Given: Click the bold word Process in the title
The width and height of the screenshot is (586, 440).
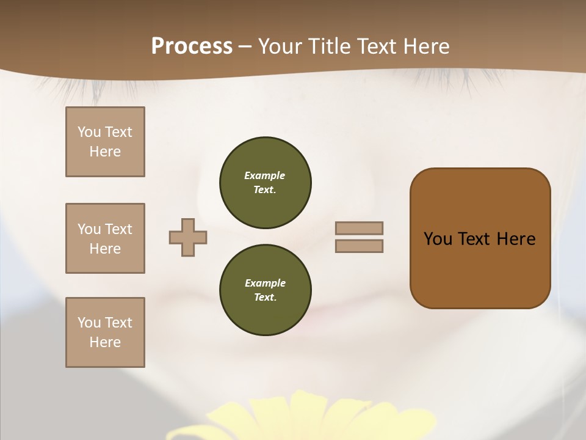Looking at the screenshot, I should [192, 46].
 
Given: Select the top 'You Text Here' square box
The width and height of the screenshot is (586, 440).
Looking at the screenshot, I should [105, 142].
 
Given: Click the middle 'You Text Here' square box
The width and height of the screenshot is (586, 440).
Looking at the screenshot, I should [105, 238].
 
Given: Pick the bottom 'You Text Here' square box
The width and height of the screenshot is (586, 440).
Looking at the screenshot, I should [105, 332].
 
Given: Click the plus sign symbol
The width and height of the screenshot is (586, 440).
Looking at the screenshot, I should [188, 237].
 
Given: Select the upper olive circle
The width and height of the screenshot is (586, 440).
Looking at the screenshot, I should [265, 183].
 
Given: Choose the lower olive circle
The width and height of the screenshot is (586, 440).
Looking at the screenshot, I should [265, 290].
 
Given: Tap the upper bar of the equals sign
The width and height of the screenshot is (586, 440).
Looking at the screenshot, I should [359, 228].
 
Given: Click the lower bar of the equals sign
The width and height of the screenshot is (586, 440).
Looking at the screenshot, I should [359, 246].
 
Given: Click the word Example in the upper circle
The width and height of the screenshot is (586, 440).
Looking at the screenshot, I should [265, 175].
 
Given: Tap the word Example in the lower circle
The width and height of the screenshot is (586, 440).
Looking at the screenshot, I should [265, 283].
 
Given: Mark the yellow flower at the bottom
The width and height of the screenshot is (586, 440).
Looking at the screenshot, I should [299, 419].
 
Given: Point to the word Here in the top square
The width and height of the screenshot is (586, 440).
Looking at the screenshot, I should [105, 152].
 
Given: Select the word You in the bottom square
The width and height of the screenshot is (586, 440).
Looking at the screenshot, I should [89, 323].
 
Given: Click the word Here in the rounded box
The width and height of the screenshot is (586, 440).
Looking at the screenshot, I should [516, 239].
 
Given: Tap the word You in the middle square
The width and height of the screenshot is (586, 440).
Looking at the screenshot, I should [89, 229].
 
